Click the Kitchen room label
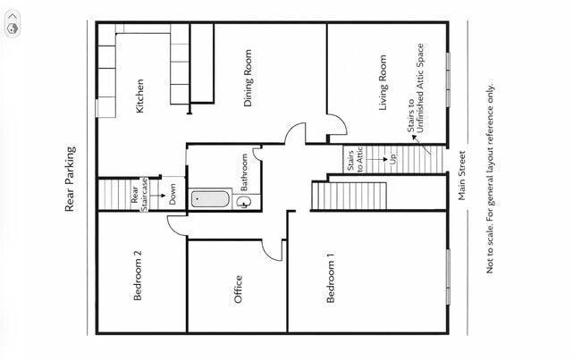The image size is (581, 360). click(x=139, y=96)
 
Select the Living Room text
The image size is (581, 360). click(x=383, y=82)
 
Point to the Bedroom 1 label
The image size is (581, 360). click(x=330, y=279)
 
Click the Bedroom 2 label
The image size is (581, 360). click(x=138, y=274)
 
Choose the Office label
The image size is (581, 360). click(x=238, y=289)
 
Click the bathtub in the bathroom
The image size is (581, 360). click(x=210, y=198)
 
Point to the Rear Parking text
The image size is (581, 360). click(x=70, y=179)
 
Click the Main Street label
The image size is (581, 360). click(x=462, y=174)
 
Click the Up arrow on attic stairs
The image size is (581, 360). click(x=392, y=159)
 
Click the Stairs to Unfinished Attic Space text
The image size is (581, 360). click(x=417, y=89)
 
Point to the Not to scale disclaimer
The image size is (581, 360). click(x=490, y=179)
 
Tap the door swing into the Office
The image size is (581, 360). click(x=273, y=249)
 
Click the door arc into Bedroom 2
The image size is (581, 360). click(x=176, y=225)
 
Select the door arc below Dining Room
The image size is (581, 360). click(x=294, y=134)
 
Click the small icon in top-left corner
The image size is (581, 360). click(x=13, y=28)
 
